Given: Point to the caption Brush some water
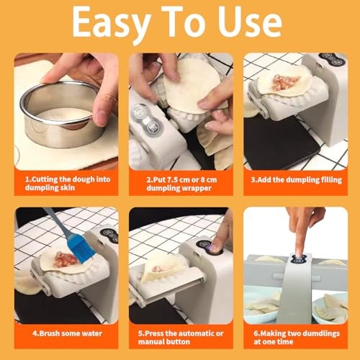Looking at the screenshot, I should [x=65, y=334].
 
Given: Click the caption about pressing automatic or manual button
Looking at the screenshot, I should [x=179, y=338].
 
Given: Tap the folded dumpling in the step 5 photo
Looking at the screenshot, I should [x=160, y=270].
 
